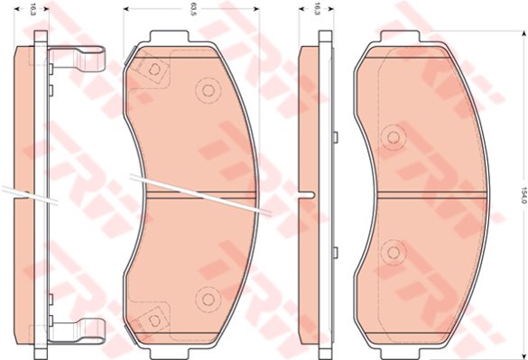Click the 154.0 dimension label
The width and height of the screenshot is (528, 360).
point(523,195)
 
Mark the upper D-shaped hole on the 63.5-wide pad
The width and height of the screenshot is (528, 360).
point(155,69)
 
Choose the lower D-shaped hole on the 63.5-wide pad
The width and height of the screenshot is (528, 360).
point(155,320)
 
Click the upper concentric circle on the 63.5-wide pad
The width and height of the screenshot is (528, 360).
point(208,90)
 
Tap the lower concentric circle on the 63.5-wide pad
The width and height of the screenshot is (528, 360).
point(208,299)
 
